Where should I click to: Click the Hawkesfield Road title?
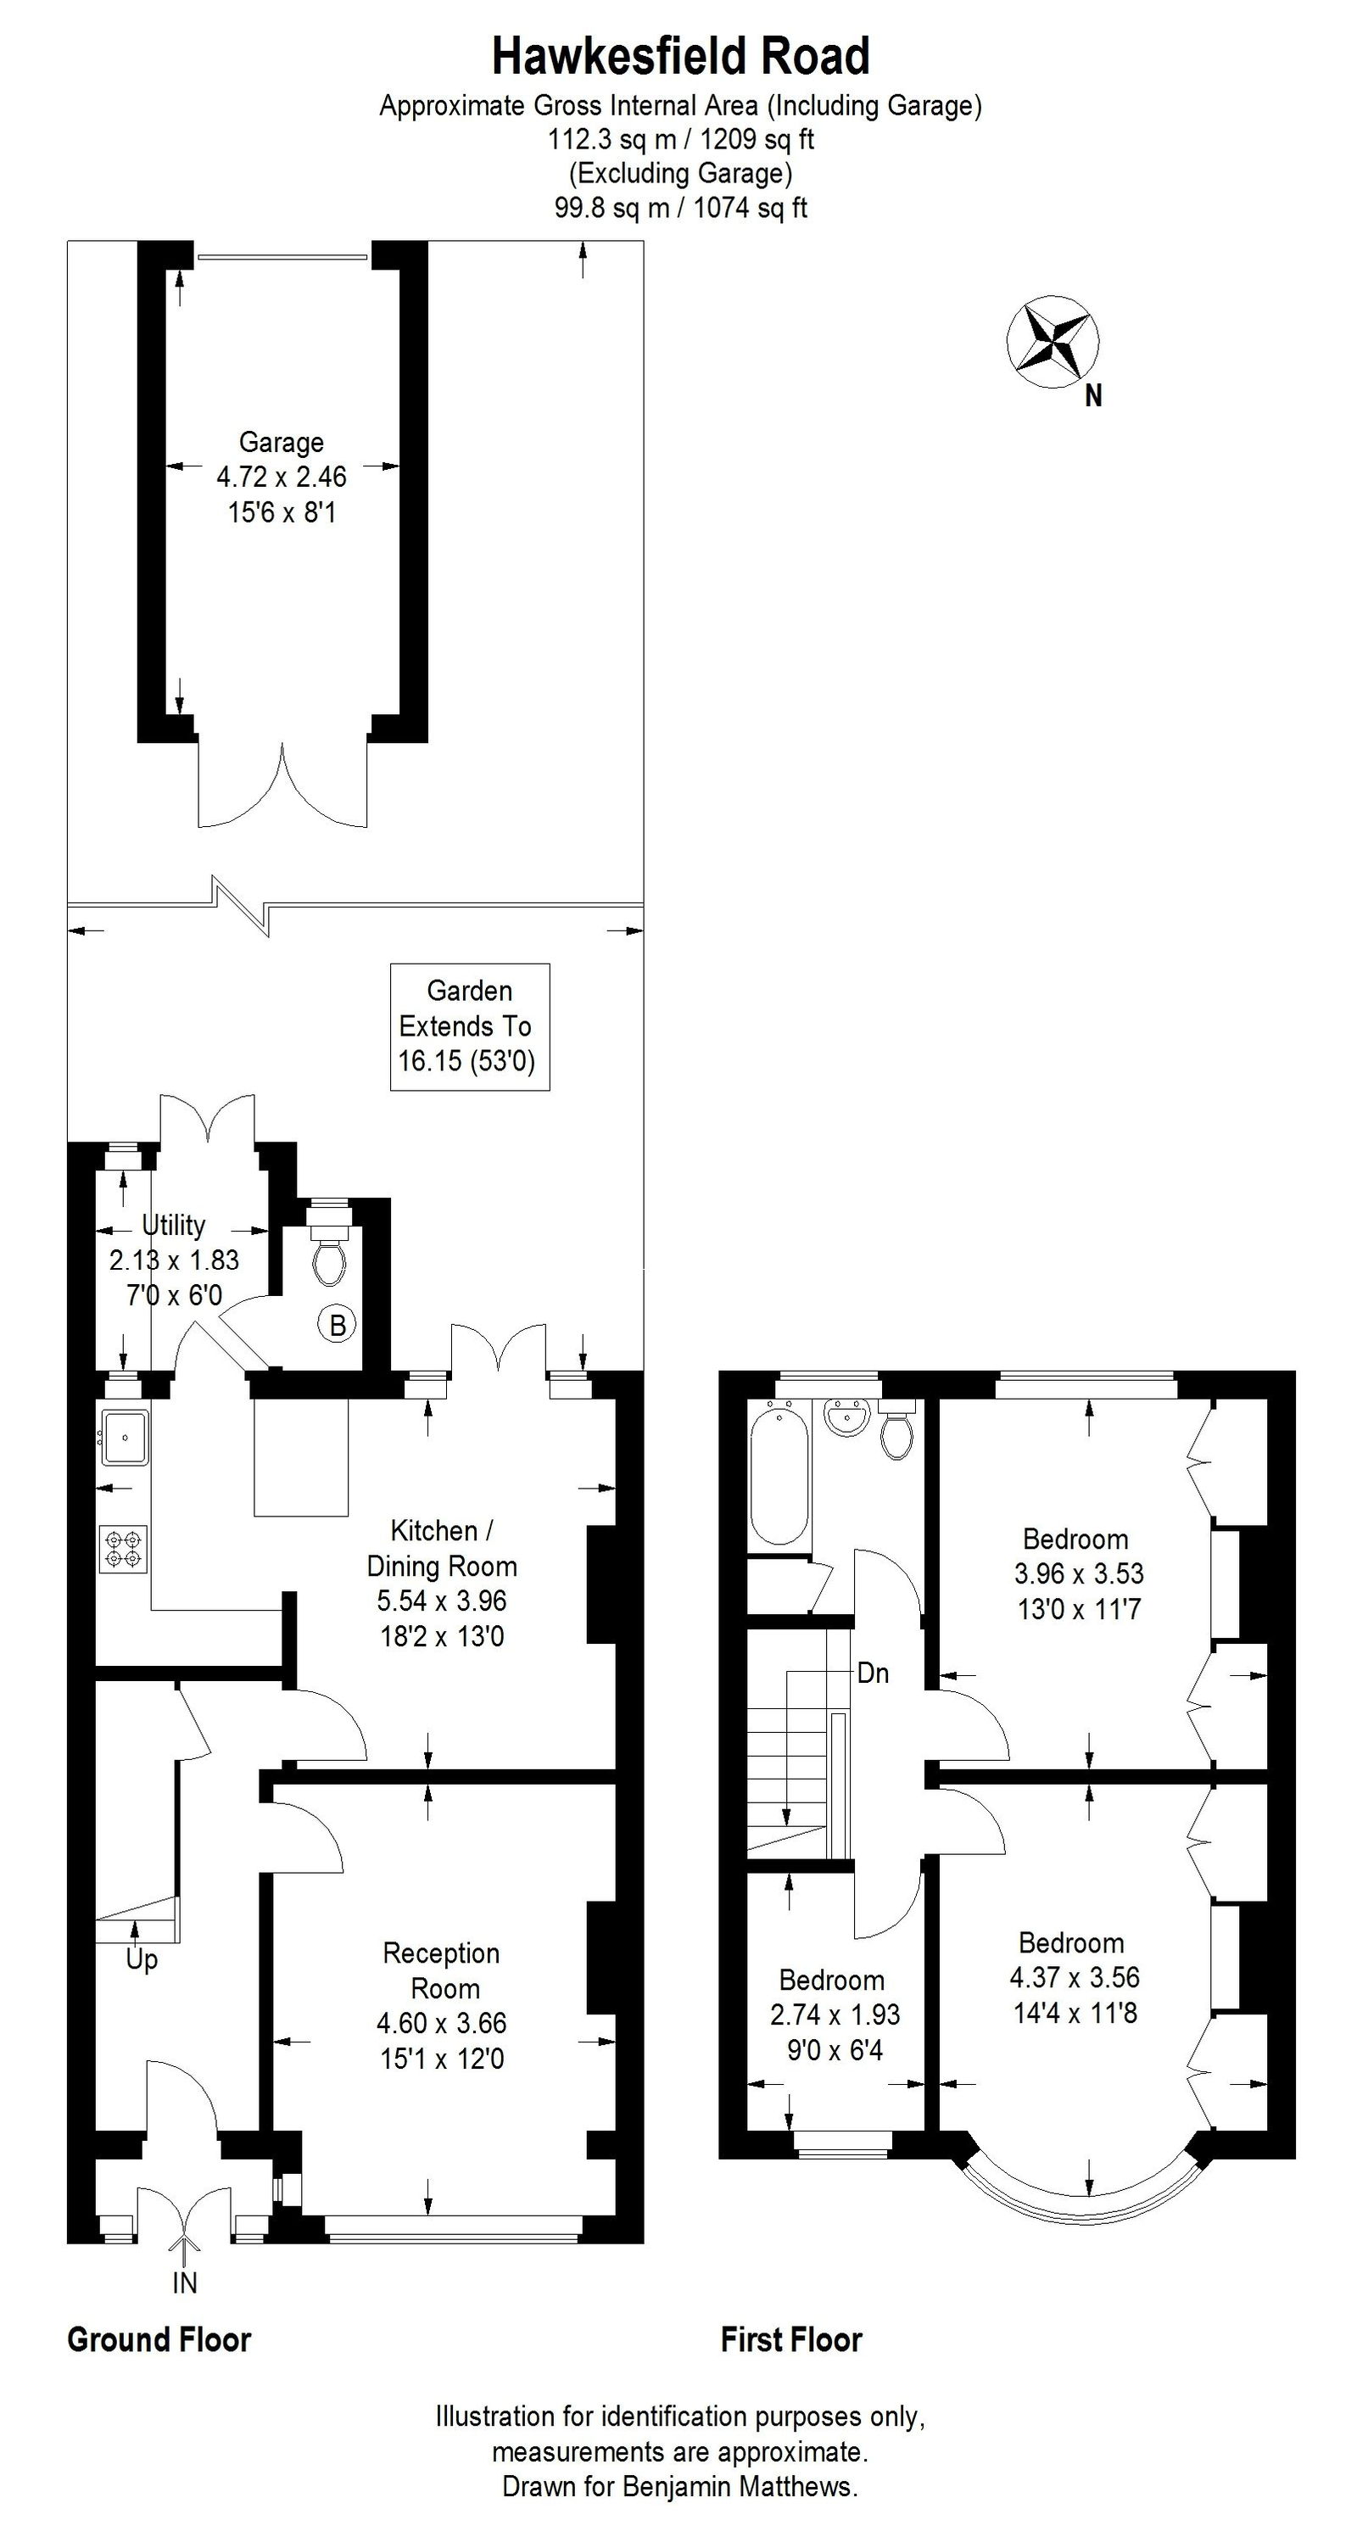680,57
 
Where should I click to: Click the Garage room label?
281,442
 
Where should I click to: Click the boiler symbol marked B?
337,1326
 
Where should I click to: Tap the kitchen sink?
124,1438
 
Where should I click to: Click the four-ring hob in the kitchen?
124,1550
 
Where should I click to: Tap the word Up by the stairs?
142,1960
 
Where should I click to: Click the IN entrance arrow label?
185,2283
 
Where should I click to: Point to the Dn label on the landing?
873,1673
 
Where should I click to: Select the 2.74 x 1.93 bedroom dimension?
835,2015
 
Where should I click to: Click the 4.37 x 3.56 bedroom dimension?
1074,1977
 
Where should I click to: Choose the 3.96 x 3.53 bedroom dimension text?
1078,1573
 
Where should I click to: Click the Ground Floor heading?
159,2340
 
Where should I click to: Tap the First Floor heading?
791,2340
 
